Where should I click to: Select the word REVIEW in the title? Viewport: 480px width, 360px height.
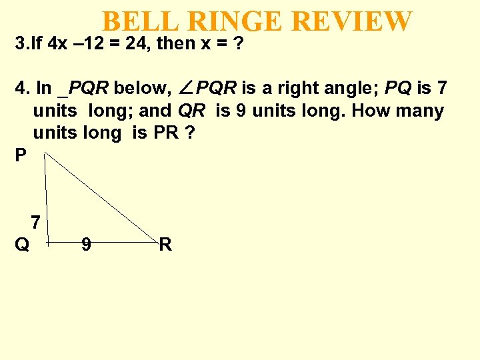coord(352,21)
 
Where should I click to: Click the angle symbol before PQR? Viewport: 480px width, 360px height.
coord(187,88)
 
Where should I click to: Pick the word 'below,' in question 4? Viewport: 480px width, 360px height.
coord(142,88)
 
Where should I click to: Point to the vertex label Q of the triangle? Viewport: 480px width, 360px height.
coord(22,245)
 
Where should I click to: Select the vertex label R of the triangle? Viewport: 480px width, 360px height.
coord(165,245)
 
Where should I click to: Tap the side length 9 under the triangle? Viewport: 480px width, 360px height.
coord(86,245)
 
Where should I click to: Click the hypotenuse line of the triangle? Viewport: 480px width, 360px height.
coord(100,196)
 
